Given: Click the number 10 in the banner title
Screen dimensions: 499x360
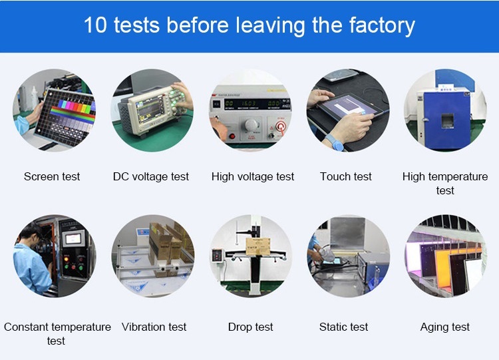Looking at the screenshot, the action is (x=95, y=25).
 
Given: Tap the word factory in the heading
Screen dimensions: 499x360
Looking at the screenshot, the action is (x=382, y=26).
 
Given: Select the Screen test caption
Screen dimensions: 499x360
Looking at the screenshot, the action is (x=52, y=176).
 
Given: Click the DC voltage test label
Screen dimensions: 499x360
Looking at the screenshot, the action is (x=151, y=176).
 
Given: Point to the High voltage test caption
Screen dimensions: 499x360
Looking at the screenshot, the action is (x=253, y=176).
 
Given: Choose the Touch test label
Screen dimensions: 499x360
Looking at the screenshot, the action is (x=345, y=176).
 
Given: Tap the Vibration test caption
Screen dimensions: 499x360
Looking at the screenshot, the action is (x=154, y=327).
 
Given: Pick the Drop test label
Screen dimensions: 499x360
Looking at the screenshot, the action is (x=250, y=327).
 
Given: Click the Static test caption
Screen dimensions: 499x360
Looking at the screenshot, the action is (x=343, y=327).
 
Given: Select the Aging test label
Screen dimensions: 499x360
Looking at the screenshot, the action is (x=445, y=327).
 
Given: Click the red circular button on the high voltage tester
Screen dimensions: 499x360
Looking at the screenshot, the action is (x=280, y=126).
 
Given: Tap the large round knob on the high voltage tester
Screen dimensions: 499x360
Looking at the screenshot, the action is (x=251, y=124).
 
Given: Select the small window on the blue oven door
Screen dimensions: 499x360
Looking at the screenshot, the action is (x=448, y=120).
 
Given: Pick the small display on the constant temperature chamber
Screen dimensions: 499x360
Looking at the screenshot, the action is (x=73, y=239).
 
